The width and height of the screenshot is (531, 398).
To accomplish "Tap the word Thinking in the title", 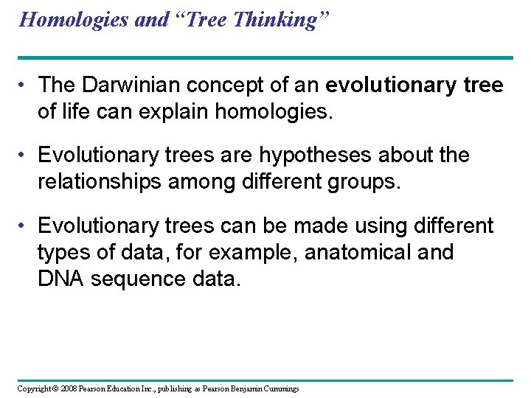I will pyautogui.click(x=281, y=20).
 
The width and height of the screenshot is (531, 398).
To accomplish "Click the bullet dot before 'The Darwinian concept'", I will pyautogui.click(x=24, y=86).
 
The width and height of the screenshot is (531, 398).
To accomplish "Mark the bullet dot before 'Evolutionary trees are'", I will pyautogui.click(x=24, y=156).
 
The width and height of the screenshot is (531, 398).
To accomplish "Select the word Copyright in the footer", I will pyautogui.click(x=34, y=388).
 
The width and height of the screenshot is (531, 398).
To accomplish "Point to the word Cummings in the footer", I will pyautogui.click(x=280, y=388).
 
